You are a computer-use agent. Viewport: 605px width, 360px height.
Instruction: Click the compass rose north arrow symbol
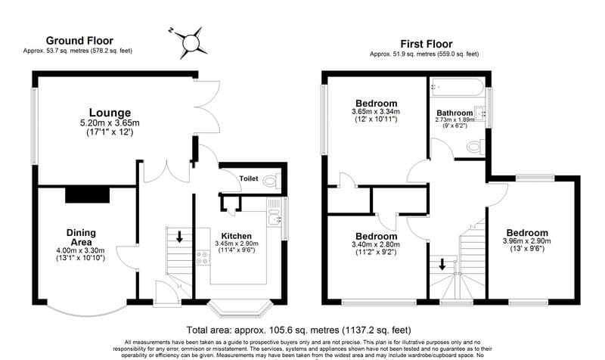click(x=189, y=43)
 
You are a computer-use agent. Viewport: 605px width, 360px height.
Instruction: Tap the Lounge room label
click(x=110, y=113)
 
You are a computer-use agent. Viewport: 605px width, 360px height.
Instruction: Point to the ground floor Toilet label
click(x=249, y=179)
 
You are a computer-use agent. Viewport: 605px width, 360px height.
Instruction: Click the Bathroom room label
click(x=454, y=113)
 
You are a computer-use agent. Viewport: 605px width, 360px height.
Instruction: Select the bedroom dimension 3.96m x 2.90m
click(x=528, y=241)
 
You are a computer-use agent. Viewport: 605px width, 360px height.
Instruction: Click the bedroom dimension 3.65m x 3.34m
click(x=375, y=113)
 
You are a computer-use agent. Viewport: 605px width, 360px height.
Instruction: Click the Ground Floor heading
click(x=79, y=40)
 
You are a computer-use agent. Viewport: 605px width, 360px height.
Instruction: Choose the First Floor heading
click(x=423, y=44)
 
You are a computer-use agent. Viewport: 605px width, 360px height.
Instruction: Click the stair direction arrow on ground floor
click(x=179, y=237)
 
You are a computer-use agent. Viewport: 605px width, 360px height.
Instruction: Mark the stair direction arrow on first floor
click(x=442, y=265)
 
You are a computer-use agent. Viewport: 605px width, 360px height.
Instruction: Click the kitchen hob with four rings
click(x=203, y=256)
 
